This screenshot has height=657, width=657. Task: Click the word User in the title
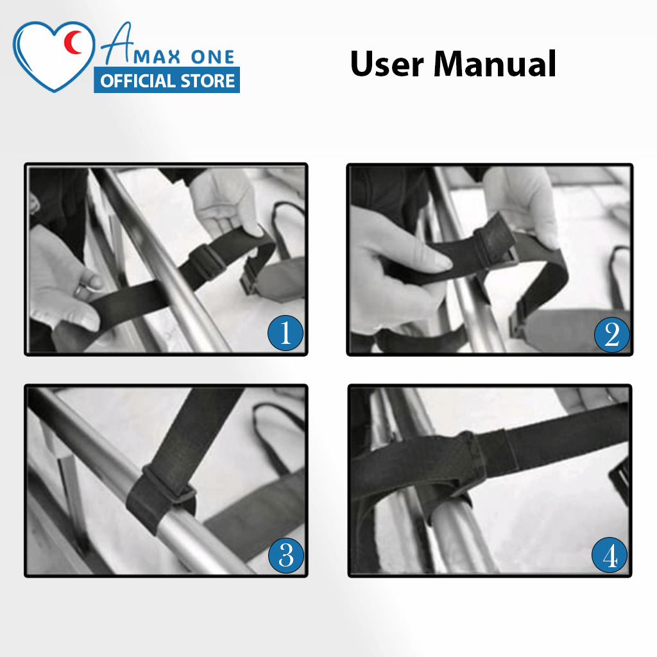pos(387,64)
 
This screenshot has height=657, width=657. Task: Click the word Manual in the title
pos(495,64)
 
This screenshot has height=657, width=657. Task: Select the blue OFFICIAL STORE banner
pos(167,80)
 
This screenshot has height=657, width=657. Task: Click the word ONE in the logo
pos(212,57)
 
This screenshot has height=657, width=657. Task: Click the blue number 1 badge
pos(286,333)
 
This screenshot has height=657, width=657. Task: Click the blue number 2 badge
pos(611,334)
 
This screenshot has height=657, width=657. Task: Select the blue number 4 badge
pos(610,555)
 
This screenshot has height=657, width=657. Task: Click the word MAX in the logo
pos(157,57)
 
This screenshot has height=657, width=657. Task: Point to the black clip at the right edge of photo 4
pos(619,481)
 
